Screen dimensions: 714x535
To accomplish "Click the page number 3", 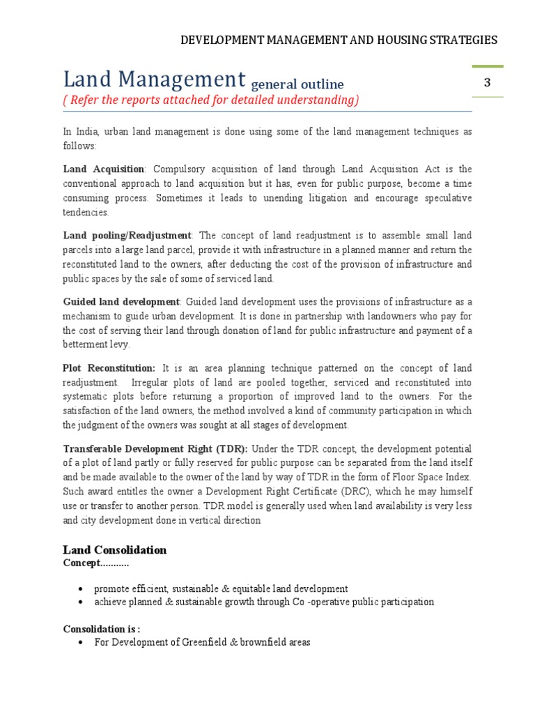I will [x=488, y=83].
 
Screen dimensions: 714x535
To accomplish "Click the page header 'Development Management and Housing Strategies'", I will [x=339, y=40].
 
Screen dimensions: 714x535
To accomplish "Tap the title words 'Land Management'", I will [x=154, y=78].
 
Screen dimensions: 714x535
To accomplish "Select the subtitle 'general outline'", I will [x=297, y=84].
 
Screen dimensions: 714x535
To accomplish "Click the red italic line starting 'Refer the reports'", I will [x=211, y=100].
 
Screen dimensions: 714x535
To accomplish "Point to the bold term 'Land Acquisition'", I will [x=103, y=169].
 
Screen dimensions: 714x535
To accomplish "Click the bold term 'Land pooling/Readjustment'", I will [x=126, y=235].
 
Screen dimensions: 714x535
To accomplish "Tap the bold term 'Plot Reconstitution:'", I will [x=109, y=367].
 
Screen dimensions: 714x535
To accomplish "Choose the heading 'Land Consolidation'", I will [x=114, y=550].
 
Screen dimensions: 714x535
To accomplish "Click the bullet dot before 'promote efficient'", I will [x=82, y=589].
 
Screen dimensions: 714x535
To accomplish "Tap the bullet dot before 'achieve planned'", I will [x=82, y=602].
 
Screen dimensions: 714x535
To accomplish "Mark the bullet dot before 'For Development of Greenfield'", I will [x=82, y=641].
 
